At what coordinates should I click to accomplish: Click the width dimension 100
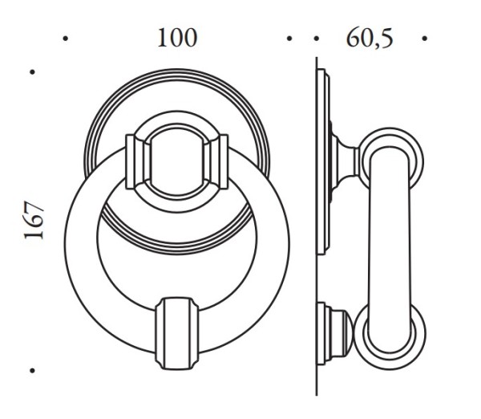click(176, 38)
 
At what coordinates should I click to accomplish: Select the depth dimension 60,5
click(370, 38)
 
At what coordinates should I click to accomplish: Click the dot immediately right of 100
click(289, 38)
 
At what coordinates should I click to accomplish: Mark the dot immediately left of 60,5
click(316, 38)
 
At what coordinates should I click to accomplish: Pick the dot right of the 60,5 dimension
click(424, 38)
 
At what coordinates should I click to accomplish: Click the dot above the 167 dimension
click(33, 72)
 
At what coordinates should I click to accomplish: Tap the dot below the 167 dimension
click(33, 371)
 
